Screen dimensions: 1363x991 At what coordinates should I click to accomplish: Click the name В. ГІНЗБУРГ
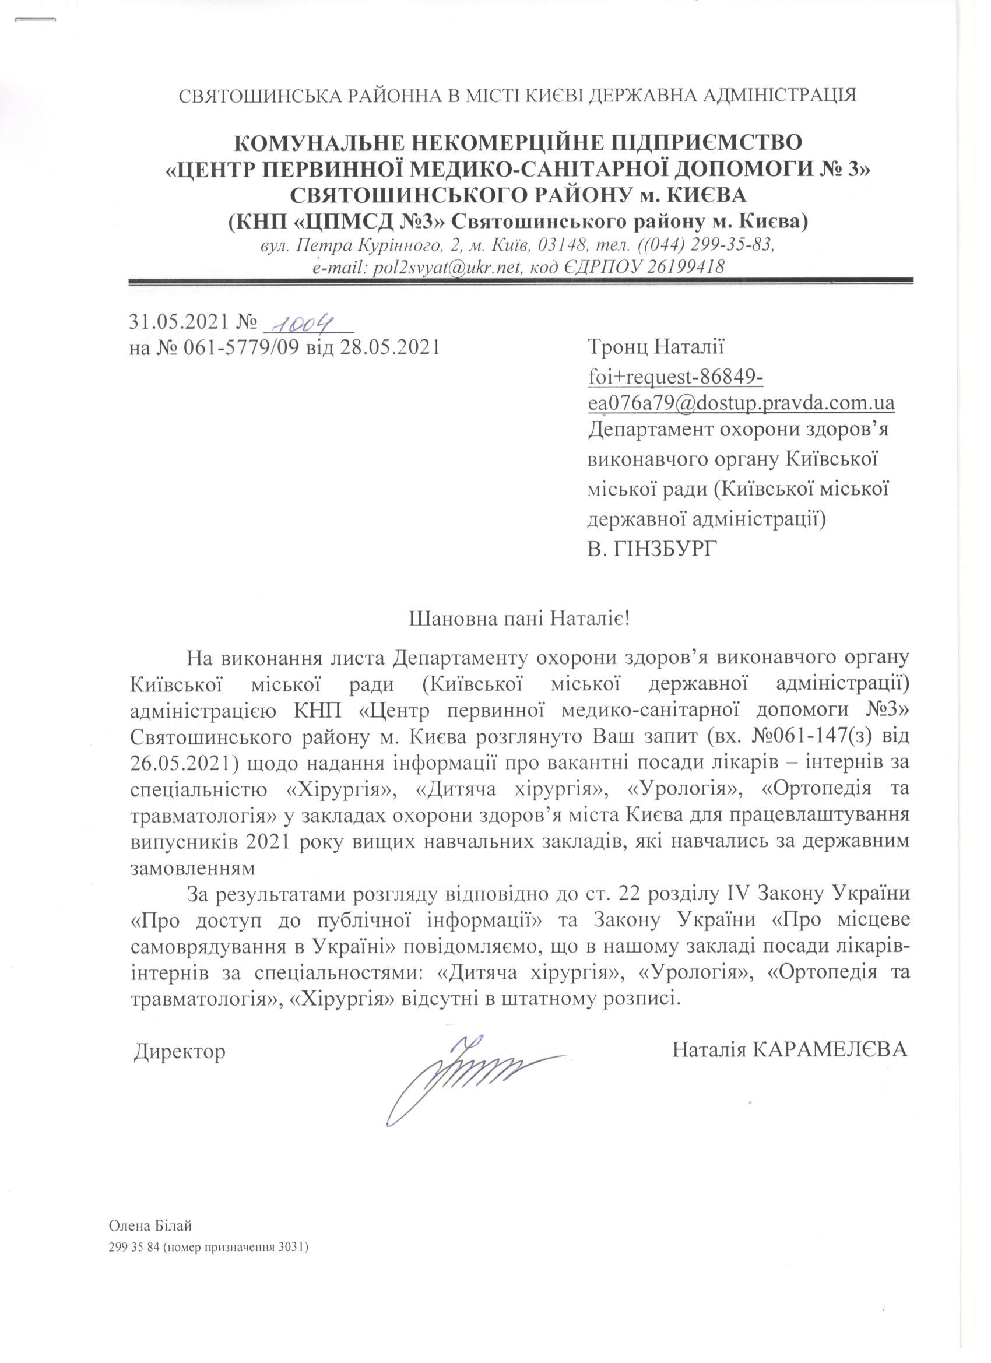pyautogui.click(x=653, y=549)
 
